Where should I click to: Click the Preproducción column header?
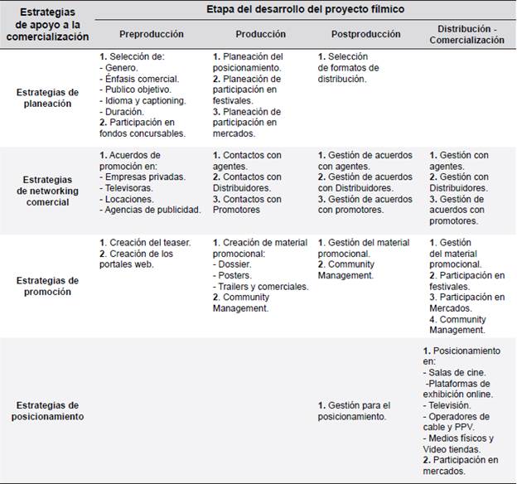[x=152, y=34]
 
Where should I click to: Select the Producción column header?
[x=260, y=34]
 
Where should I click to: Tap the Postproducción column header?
[x=365, y=34]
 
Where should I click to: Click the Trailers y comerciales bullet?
[x=261, y=286]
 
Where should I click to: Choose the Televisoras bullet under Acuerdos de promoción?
[x=128, y=188]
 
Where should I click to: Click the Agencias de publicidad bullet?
[x=150, y=210]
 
